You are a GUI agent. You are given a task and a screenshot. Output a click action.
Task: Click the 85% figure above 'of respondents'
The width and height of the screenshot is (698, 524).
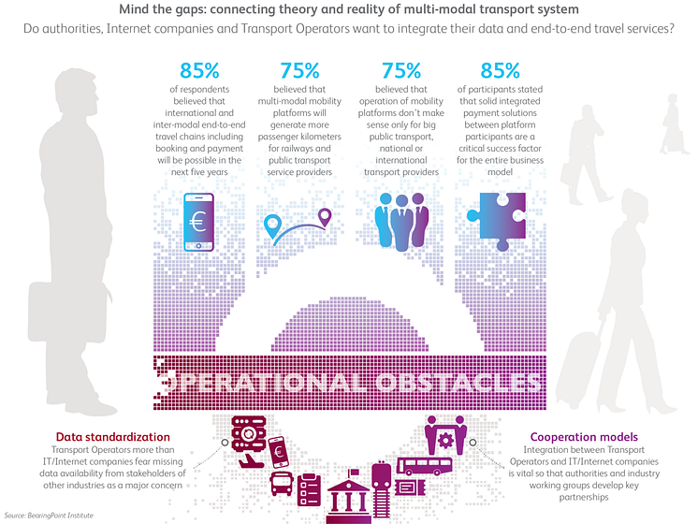point(199,71)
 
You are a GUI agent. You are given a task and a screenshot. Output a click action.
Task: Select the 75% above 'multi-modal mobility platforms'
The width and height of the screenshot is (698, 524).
point(299,71)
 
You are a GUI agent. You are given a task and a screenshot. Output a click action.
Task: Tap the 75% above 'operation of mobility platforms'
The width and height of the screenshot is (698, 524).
point(401,71)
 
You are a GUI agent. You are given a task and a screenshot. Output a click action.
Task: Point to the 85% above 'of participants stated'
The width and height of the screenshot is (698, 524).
point(500,71)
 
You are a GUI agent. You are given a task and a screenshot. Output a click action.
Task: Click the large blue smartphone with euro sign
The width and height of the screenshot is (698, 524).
point(198,222)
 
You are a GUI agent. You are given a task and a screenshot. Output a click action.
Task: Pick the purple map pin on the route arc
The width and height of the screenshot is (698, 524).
point(326,217)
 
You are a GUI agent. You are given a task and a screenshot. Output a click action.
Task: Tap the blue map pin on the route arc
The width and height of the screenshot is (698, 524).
point(272,226)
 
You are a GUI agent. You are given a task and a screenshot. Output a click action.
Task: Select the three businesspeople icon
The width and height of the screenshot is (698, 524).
point(401,221)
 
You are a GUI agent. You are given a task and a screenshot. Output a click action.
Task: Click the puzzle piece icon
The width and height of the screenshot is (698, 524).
point(496,221)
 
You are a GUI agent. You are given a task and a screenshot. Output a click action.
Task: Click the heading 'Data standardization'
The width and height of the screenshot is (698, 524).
point(113,437)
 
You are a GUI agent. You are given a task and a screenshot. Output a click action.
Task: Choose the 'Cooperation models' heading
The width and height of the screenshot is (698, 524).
point(584,437)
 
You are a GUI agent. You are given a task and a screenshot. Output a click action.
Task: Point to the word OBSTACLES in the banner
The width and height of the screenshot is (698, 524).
point(458,383)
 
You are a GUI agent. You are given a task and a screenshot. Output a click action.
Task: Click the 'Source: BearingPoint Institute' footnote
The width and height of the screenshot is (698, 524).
point(49,516)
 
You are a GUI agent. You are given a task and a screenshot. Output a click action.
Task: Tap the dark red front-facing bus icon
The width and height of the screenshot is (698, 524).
point(282,484)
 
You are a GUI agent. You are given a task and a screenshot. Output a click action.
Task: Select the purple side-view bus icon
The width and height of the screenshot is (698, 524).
point(424,466)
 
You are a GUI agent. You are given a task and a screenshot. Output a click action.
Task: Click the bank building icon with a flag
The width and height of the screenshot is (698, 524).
point(349,496)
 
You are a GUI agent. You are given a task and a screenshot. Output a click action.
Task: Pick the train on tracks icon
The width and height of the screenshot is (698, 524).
point(381,488)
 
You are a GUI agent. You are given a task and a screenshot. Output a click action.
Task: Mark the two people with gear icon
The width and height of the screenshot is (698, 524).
point(445,435)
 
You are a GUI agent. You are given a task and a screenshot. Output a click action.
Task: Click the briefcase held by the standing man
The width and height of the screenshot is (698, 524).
point(67,311)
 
